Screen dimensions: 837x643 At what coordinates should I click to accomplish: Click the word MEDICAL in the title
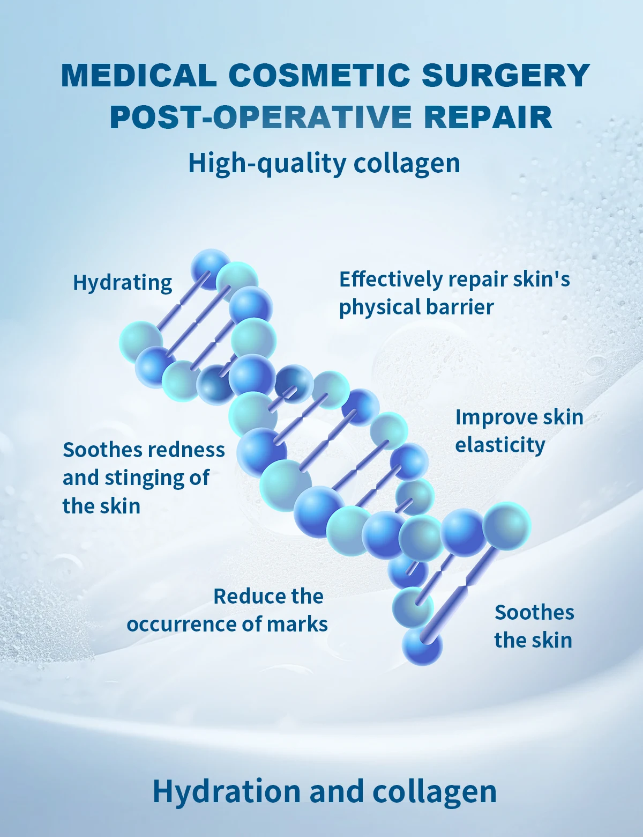click(139, 76)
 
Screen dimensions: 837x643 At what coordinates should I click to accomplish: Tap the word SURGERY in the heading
click(506, 76)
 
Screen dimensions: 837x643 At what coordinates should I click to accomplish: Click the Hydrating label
click(122, 283)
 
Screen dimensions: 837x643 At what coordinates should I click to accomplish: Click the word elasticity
click(500, 445)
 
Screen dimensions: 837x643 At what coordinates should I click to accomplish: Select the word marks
click(297, 625)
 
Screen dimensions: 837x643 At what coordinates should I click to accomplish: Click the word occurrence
click(181, 625)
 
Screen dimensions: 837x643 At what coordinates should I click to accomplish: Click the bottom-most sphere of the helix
click(422, 646)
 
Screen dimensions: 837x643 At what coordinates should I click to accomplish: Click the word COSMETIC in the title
click(319, 76)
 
